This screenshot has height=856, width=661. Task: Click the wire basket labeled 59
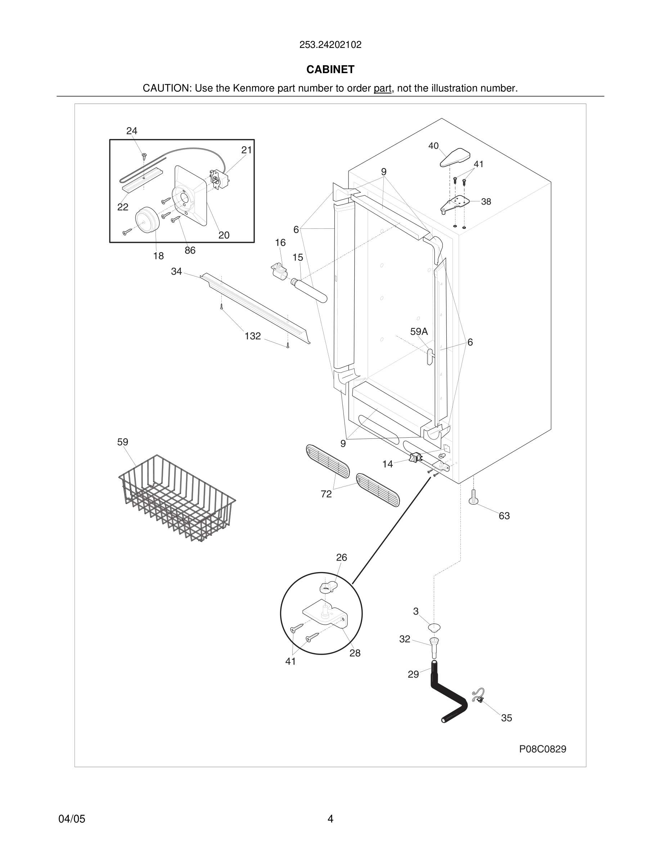click(x=177, y=499)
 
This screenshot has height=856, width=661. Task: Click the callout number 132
click(x=253, y=336)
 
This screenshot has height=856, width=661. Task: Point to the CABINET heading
click(x=330, y=70)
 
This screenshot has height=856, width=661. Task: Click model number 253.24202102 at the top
click(x=330, y=45)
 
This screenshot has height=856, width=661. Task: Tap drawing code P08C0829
click(x=542, y=749)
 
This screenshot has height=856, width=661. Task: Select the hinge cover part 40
click(x=454, y=157)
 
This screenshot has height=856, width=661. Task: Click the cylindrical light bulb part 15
click(x=309, y=290)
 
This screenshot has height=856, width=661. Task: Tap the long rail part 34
click(x=255, y=308)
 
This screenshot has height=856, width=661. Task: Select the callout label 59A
click(x=419, y=331)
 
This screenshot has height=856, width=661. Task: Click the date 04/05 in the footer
click(x=72, y=819)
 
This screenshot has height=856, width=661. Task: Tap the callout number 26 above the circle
click(x=341, y=557)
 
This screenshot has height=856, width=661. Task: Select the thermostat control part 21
click(x=220, y=179)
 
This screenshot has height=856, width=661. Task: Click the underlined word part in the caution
click(x=382, y=89)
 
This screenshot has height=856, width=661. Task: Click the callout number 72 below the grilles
click(x=326, y=494)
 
